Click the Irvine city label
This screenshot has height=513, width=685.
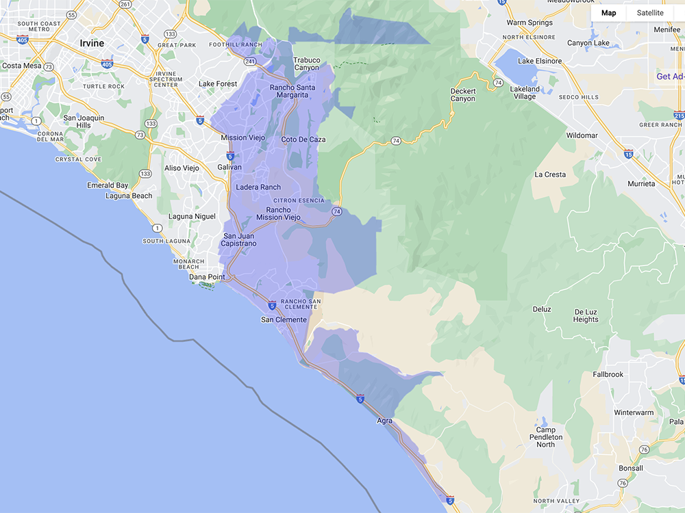tap(92, 43)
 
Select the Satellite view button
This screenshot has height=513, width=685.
tap(650, 13)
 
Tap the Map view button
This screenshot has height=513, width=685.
tap(608, 13)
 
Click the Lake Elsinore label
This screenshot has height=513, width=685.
tap(540, 61)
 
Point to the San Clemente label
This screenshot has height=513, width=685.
tap(284, 319)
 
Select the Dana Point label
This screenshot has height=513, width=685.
tap(207, 277)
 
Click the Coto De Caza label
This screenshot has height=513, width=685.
tap(303, 140)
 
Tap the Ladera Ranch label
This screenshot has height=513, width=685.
tap(258, 187)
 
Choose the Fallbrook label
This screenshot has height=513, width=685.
tap(608, 375)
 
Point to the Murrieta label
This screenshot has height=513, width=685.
tap(641, 184)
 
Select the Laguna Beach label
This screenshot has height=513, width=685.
tap(129, 196)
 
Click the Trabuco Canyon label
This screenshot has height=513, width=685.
tap(307, 64)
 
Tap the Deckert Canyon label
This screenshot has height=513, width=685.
tap(462, 95)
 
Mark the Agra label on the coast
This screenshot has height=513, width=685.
tap(384, 421)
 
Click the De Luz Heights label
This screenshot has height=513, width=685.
tap(586, 315)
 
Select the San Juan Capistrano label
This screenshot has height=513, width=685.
tap(240, 240)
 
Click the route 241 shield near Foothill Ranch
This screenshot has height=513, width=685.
tap(250, 62)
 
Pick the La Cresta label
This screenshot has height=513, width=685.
tap(550, 174)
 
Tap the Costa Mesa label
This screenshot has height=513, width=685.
tap(22, 66)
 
